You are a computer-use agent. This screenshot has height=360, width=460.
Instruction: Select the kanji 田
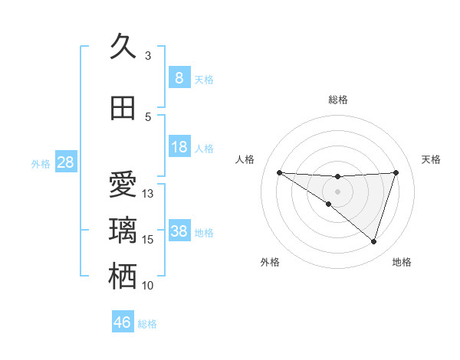(x=123, y=108)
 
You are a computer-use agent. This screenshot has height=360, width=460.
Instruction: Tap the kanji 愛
(x=123, y=186)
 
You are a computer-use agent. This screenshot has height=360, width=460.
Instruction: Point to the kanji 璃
(x=123, y=231)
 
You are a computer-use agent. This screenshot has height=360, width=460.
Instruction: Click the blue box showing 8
(x=179, y=78)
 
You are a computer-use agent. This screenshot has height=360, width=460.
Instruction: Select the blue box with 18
(x=179, y=147)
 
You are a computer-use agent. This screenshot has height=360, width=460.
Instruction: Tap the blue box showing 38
(x=179, y=231)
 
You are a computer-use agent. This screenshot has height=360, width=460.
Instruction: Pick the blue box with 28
(x=65, y=162)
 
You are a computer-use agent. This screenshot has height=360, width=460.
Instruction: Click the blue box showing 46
(x=122, y=322)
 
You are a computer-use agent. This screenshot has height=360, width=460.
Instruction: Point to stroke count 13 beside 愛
(x=148, y=194)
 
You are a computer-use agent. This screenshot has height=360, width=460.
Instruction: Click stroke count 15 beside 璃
(x=148, y=240)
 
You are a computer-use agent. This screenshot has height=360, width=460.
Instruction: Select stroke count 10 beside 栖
(x=148, y=286)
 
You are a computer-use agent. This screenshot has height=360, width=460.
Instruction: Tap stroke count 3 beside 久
(x=148, y=55)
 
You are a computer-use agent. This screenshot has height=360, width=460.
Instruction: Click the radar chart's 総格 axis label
(x=337, y=100)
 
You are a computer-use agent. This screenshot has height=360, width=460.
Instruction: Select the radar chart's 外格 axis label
(x=270, y=262)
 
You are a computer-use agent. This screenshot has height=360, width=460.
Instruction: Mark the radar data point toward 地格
(x=374, y=242)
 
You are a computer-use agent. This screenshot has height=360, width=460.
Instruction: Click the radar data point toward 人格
(x=279, y=172)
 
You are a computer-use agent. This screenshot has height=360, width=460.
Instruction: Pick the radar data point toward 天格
(x=396, y=172)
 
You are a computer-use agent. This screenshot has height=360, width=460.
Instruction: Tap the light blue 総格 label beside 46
(x=147, y=324)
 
